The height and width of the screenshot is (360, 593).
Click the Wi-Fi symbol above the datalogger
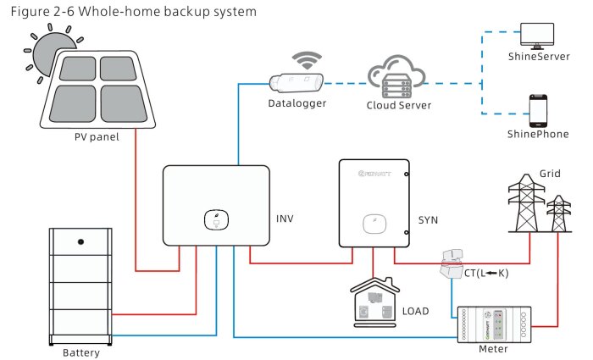pos(302,60)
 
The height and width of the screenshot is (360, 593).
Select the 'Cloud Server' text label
pos(399,106)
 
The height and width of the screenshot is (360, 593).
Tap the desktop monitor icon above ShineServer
pos(537,35)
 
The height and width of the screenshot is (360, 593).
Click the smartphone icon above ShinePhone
pos(537,109)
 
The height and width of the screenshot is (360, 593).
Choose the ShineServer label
pos(537,58)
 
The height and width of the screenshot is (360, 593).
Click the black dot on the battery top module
pos(81,241)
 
